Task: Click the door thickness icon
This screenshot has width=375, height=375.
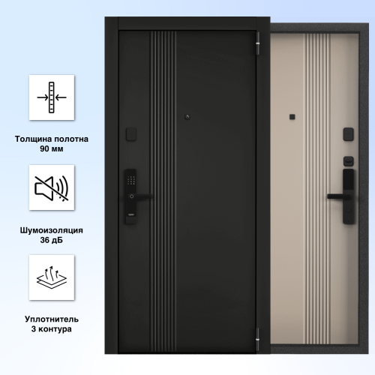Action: (x=52, y=97)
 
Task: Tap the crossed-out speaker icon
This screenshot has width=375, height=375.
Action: (x=52, y=188)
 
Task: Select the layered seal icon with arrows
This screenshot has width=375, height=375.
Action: (x=52, y=277)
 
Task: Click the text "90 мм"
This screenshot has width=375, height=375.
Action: (x=52, y=148)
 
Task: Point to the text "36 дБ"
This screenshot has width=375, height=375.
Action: (x=52, y=240)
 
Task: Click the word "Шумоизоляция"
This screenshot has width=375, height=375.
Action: (x=52, y=230)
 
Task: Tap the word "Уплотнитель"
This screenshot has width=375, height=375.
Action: (x=52, y=319)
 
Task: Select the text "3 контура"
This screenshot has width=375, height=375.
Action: (x=52, y=329)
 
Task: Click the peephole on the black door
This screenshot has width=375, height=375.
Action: (x=187, y=116)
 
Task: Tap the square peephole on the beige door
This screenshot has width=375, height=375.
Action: (x=292, y=117)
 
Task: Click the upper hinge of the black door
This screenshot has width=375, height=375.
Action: (x=258, y=43)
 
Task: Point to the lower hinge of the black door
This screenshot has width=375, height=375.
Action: (x=258, y=339)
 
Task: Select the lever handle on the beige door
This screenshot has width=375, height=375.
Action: (x=338, y=196)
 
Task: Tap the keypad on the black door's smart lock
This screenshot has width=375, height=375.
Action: (x=131, y=180)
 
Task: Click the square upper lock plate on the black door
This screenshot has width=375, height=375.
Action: (x=131, y=134)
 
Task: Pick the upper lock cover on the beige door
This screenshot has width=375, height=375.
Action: (x=348, y=134)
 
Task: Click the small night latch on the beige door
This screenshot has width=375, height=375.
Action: (x=348, y=161)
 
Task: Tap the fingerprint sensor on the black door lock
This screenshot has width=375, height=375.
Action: (x=131, y=196)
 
